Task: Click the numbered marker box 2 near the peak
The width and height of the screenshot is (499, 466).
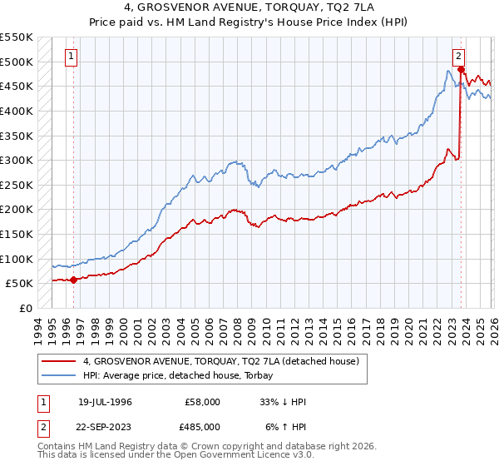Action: point(458,57)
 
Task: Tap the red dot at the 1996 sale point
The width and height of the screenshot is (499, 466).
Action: point(74,280)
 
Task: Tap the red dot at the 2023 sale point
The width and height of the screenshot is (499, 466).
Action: point(461,70)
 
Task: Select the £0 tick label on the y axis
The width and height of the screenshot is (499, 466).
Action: point(26,308)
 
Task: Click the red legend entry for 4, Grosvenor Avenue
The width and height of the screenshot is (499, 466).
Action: point(220,361)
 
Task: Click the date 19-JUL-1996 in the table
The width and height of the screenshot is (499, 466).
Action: point(105,401)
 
